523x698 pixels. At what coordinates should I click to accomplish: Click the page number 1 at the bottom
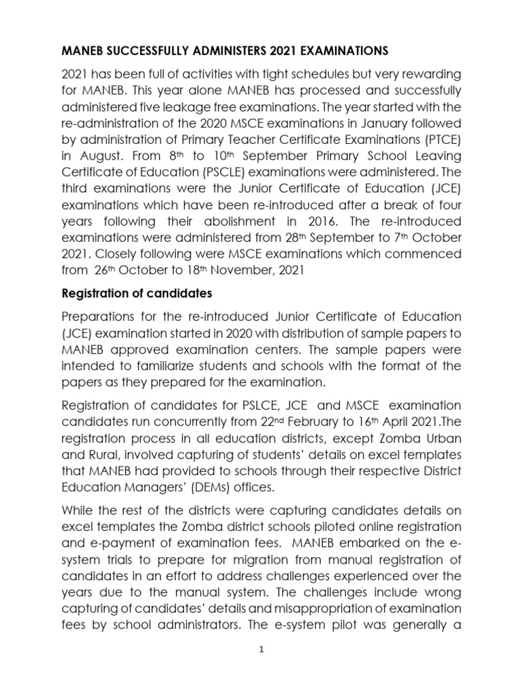click(261, 650)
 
